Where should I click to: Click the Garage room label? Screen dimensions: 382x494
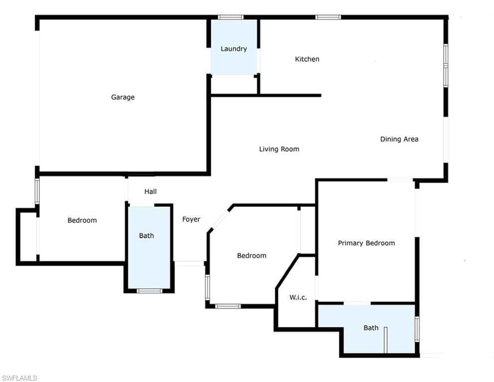tap(123, 97)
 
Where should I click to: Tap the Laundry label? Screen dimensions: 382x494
tap(234, 49)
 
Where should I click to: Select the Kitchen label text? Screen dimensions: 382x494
tap(307, 59)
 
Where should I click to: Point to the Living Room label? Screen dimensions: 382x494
tap(279, 149)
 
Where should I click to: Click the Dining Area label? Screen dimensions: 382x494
tap(399, 139)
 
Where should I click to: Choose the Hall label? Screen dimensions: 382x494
tap(151, 191)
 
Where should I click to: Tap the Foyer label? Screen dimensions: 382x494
tap(191, 219)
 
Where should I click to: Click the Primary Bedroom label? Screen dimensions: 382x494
tap(366, 243)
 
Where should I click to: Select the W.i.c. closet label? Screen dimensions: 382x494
tap(298, 297)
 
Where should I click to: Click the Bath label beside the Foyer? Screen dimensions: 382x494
tap(147, 236)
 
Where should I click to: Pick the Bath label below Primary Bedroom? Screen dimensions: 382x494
tap(371, 328)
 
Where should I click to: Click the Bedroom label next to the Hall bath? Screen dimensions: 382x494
tap(82, 220)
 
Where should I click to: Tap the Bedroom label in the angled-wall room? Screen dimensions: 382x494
tap(251, 256)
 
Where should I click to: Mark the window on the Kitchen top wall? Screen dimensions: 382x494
tap(328, 17)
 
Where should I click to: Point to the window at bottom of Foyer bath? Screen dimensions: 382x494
tap(150, 290)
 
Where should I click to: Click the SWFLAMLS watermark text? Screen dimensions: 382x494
tap(19, 378)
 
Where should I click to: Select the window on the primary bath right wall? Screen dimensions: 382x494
tap(417, 329)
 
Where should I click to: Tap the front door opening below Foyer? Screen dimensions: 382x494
tap(189, 263)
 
